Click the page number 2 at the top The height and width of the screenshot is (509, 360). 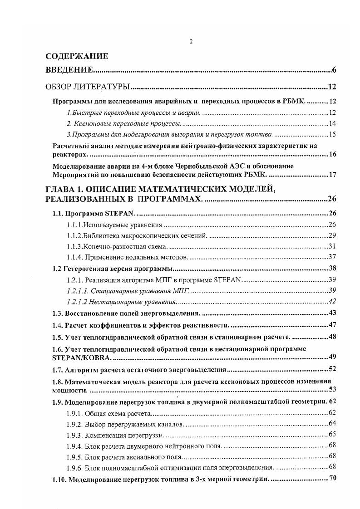pyautogui.click(x=191, y=42)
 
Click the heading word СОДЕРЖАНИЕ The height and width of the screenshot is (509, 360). pyautogui.click(x=77, y=57)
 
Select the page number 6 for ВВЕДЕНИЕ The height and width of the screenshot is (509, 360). pyautogui.click(x=334, y=70)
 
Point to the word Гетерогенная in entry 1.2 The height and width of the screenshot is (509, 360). pyautogui.click(x=84, y=269)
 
